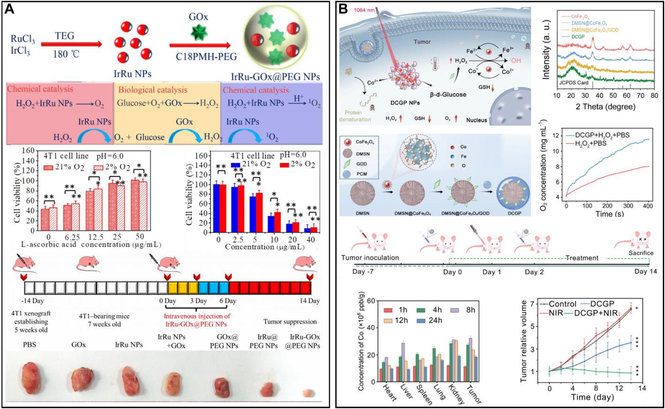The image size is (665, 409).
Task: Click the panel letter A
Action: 9,9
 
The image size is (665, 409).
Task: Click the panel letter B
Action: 343,9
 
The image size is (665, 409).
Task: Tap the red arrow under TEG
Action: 71,45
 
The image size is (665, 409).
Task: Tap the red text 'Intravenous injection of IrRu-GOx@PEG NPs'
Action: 197,320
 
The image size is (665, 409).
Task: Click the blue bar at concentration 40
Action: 307,229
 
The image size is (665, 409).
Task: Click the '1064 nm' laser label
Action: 364,10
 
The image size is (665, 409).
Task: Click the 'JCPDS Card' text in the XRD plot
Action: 570,83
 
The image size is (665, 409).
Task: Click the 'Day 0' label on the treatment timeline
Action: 452,272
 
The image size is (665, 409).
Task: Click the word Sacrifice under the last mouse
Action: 641,253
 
